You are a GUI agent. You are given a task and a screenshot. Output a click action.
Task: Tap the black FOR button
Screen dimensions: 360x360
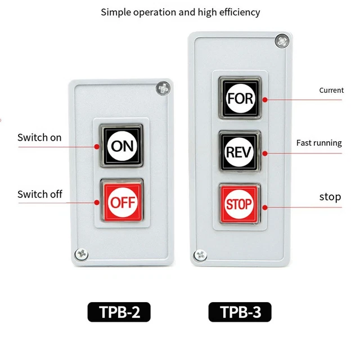pyautogui.click(x=240, y=98)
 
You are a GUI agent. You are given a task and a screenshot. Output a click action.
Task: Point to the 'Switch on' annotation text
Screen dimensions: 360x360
pyautogui.click(x=39, y=137)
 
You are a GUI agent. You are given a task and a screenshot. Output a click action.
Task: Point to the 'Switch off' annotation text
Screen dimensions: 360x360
pyautogui.click(x=39, y=195)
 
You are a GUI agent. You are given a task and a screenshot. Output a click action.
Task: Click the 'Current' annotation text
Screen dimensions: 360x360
pyautogui.click(x=331, y=90)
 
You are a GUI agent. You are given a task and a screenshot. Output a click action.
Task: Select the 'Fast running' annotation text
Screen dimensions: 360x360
pyautogui.click(x=319, y=143)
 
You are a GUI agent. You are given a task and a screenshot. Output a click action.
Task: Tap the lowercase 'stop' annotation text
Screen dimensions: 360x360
pyautogui.click(x=330, y=197)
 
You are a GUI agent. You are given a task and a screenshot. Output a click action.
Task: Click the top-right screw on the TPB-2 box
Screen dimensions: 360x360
pyautogui.click(x=163, y=88)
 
